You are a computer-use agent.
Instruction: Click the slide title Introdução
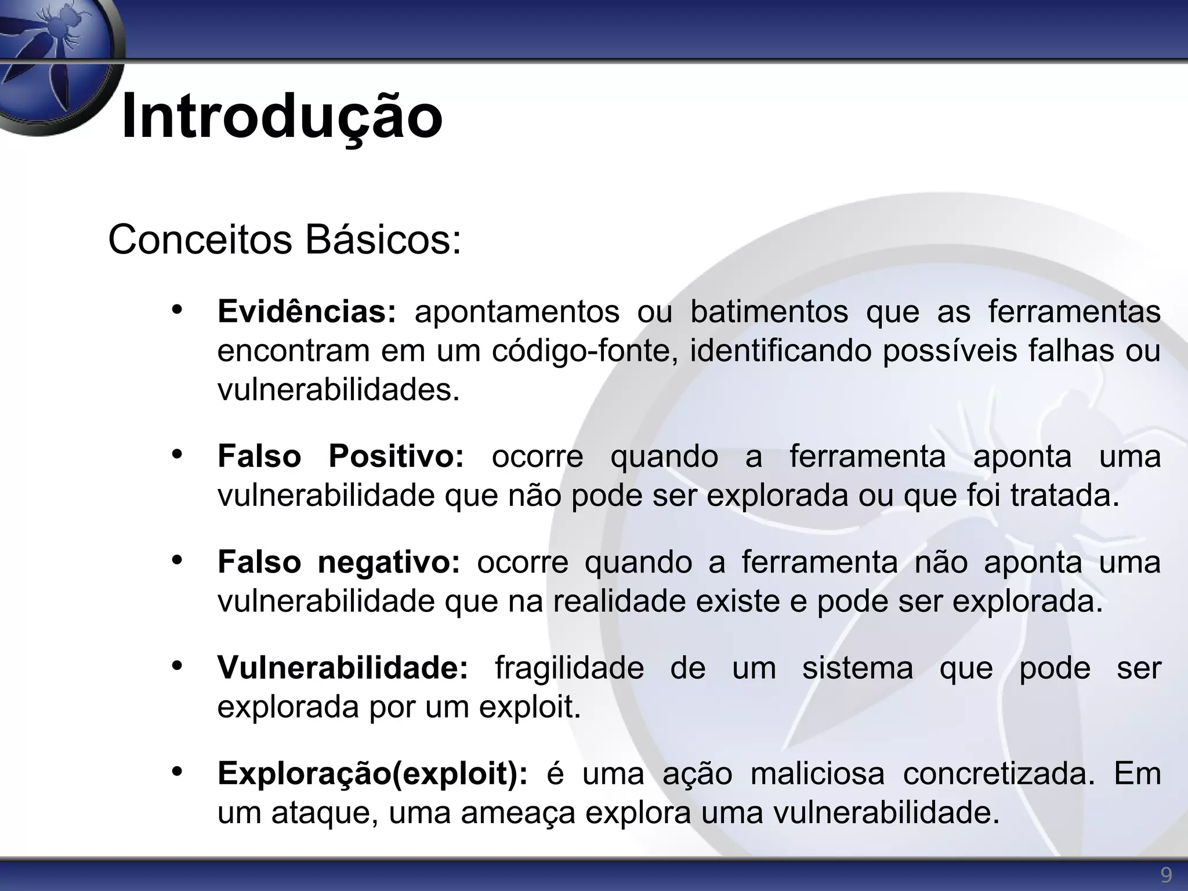[282, 116]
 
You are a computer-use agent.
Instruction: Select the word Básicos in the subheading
[383, 240]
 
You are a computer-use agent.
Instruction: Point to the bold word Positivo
[396, 456]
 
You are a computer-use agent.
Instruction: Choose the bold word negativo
[389, 562]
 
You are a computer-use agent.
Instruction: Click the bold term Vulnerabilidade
[343, 668]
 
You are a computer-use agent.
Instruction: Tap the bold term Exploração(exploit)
[373, 774]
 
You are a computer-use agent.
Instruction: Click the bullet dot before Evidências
[178, 309]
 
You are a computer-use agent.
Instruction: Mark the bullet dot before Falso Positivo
[178, 454]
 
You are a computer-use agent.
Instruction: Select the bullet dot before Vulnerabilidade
[178, 665]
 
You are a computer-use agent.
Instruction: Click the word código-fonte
[585, 351]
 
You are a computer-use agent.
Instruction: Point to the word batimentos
[769, 312]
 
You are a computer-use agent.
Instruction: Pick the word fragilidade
[569, 668]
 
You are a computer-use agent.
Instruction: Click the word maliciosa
[817, 774]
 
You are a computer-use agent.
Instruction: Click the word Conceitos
[200, 240]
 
